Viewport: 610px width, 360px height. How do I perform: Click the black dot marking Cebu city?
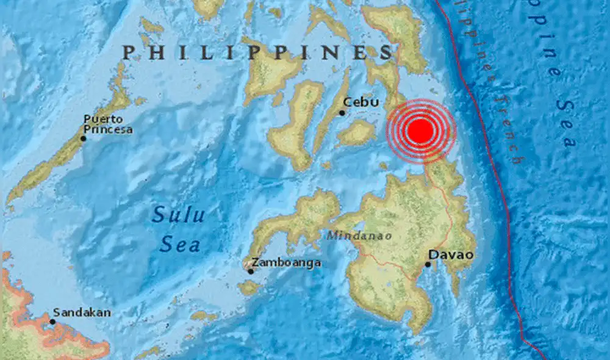click(x=342, y=112)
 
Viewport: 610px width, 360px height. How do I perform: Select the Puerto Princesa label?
click(x=108, y=124)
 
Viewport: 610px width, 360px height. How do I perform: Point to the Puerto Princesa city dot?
click(x=83, y=138)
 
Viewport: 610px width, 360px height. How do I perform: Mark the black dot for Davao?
click(x=428, y=264)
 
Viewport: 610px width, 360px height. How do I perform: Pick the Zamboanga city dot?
click(x=251, y=270)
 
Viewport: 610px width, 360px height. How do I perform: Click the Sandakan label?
click(x=82, y=312)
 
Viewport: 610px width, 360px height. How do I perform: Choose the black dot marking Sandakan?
click(x=52, y=322)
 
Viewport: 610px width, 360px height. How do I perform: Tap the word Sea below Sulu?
click(x=180, y=245)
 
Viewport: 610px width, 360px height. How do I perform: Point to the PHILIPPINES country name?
click(x=257, y=52)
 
